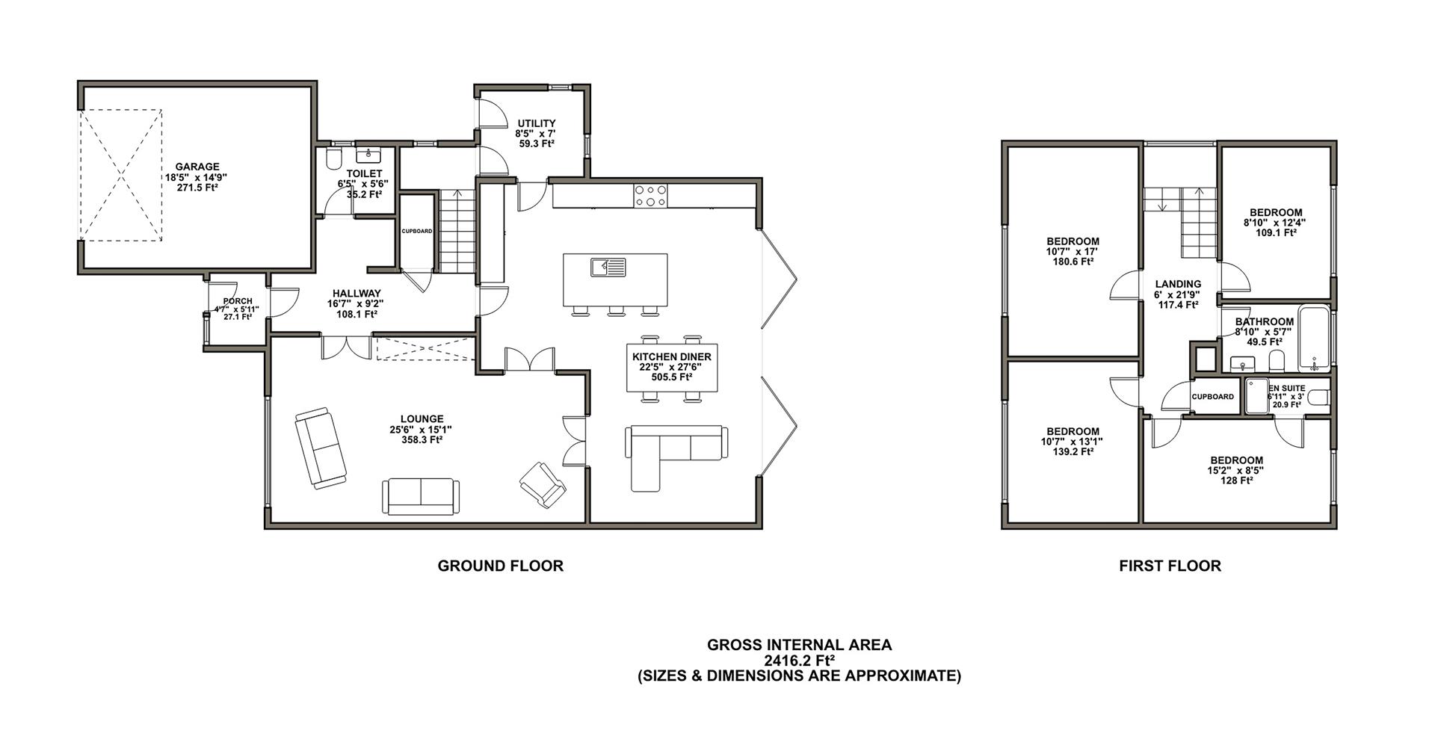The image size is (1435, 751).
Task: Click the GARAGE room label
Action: tap(197, 167)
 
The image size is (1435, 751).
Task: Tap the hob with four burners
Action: tap(651, 196)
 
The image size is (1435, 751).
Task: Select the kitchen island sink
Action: tap(608, 266)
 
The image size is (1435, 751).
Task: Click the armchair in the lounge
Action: tap(543, 483)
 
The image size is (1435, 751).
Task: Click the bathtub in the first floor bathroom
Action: tap(1315, 339)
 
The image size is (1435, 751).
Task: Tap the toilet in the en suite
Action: tap(1320, 397)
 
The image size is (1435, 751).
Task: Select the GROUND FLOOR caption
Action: tap(501, 566)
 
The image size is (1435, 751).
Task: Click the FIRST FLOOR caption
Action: tap(1170, 566)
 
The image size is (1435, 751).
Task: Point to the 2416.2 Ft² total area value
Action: tap(799, 661)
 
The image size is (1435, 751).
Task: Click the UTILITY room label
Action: tap(537, 123)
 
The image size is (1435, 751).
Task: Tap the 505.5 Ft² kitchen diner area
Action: tap(671, 377)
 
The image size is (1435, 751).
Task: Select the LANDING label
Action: tap(1178, 284)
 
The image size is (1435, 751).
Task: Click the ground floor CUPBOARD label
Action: tap(417, 231)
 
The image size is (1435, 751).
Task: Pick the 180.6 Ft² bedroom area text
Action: tap(1073, 262)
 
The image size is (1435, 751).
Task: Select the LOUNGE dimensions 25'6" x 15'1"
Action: tap(422, 430)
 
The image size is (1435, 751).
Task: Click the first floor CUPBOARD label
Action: tap(1212, 397)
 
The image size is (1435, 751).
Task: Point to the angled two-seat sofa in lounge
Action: tap(321, 448)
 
